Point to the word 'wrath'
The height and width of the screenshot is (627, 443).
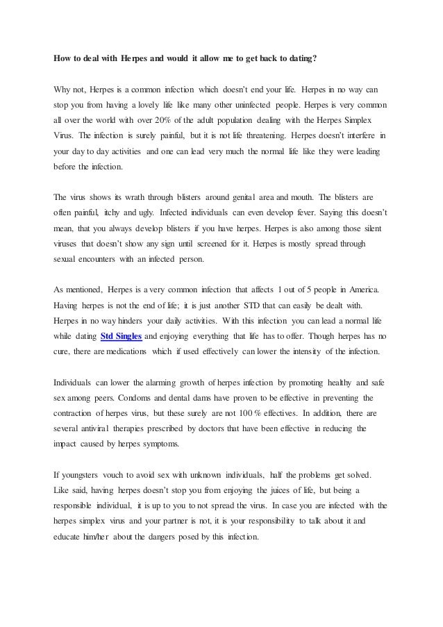tap(124, 196)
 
